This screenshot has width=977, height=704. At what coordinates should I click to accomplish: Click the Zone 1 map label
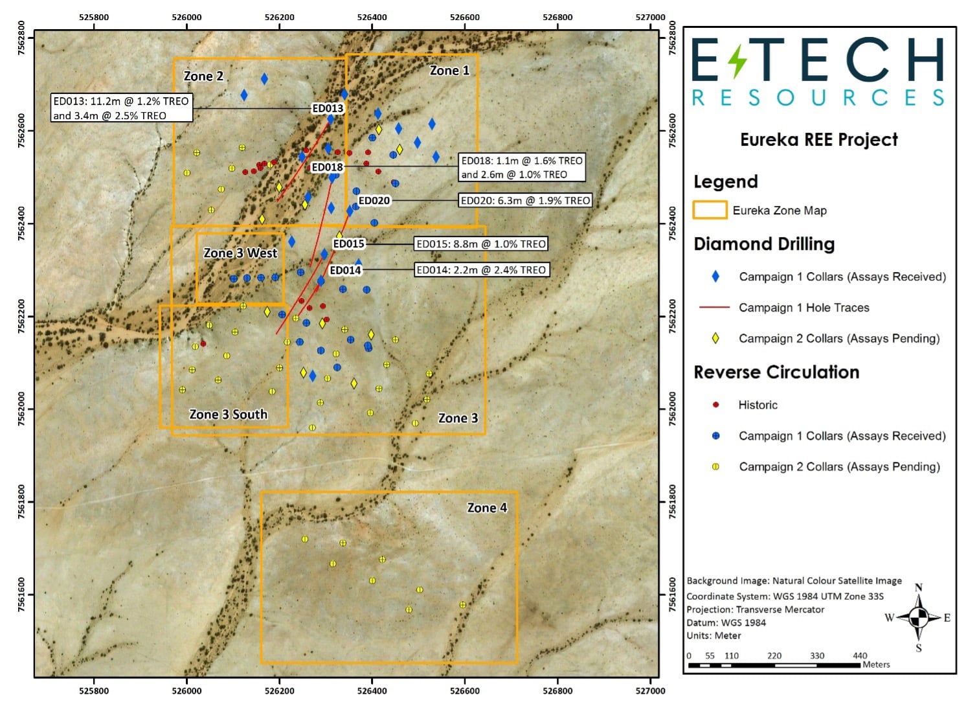pyautogui.click(x=449, y=71)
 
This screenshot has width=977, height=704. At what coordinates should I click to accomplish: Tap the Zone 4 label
pyautogui.click(x=487, y=508)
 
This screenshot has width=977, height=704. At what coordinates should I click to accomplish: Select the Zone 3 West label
pyautogui.click(x=240, y=253)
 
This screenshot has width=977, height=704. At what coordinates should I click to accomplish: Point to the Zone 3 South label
pyautogui.click(x=228, y=414)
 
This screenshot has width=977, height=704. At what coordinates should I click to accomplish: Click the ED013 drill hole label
pyautogui.click(x=328, y=109)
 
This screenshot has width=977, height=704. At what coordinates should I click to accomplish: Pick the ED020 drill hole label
pyautogui.click(x=374, y=201)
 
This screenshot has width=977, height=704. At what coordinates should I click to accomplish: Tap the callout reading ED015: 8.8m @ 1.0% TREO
pyautogui.click(x=481, y=244)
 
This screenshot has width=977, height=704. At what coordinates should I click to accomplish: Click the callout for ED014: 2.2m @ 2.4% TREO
pyautogui.click(x=481, y=270)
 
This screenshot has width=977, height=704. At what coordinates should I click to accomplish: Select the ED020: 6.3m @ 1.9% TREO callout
pyautogui.click(x=525, y=201)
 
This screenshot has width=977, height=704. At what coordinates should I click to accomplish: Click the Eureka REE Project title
pyautogui.click(x=819, y=140)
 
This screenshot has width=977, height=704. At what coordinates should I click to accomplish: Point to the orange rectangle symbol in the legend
pyautogui.click(x=710, y=210)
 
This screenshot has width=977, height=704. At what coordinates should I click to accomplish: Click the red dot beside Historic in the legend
pyautogui.click(x=715, y=405)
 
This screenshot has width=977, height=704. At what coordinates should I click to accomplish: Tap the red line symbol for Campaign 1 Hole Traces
pyautogui.click(x=714, y=308)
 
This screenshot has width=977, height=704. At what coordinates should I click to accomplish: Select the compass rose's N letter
pyautogui.click(x=918, y=588)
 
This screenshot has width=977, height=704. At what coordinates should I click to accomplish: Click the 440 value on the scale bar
pyautogui.click(x=860, y=655)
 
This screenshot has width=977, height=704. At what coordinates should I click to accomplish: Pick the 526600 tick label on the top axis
pyautogui.click(x=465, y=17)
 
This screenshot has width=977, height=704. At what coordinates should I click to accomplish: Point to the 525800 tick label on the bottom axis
pyautogui.click(x=94, y=690)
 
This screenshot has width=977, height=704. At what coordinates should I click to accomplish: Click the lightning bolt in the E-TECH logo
pyautogui.click(x=737, y=60)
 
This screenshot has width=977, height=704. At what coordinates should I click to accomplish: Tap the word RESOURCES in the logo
pyautogui.click(x=818, y=98)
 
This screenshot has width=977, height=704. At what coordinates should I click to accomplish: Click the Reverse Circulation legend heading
pyautogui.click(x=776, y=372)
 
